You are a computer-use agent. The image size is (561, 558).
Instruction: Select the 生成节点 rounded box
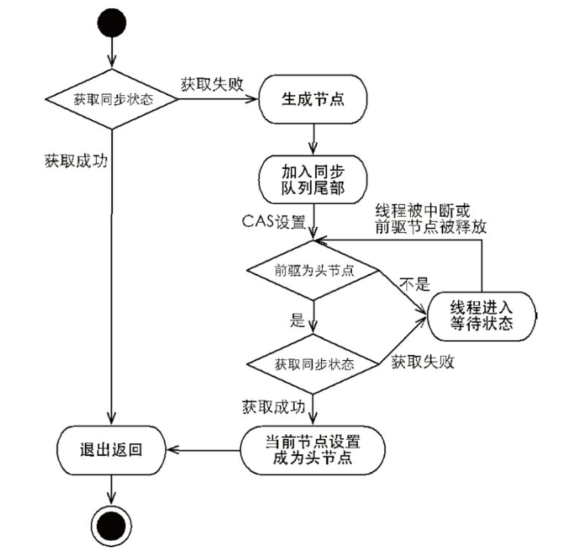tap(313, 98)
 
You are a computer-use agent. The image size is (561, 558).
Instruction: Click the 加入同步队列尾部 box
tap(313, 179)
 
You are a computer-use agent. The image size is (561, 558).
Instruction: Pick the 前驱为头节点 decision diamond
tap(313, 271)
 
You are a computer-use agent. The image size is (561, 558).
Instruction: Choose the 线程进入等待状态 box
tap(482, 316)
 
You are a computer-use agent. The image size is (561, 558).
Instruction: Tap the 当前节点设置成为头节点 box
tap(313, 449)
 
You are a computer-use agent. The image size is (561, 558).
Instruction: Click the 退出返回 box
tap(110, 450)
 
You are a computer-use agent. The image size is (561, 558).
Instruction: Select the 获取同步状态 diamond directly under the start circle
tap(113, 99)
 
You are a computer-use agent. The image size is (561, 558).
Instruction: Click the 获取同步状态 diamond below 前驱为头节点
tap(313, 364)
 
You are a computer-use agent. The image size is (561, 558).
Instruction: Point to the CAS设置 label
tap(273, 222)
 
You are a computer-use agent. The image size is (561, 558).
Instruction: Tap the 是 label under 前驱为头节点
tap(297, 321)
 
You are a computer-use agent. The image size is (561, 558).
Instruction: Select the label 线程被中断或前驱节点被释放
tap(430, 219)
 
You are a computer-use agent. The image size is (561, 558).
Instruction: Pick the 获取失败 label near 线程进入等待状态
tap(422, 362)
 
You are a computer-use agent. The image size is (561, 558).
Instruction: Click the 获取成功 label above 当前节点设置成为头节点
tap(273, 407)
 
